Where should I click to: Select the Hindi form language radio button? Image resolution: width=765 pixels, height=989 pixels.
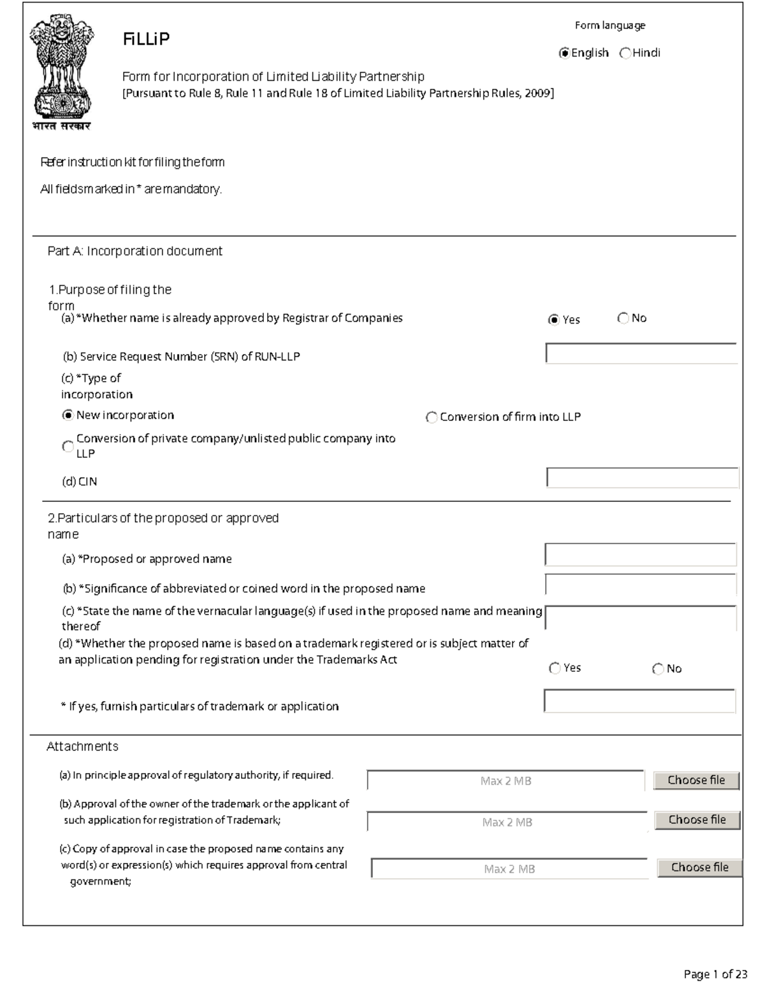[625, 53]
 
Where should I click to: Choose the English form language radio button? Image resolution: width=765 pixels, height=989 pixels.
[564, 53]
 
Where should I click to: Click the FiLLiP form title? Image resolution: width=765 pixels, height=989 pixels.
[146, 39]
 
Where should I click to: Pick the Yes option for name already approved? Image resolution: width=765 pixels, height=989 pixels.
[553, 320]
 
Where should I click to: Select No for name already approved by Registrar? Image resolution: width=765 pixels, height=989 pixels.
[623, 318]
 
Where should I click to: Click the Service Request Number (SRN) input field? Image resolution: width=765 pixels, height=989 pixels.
[641, 353]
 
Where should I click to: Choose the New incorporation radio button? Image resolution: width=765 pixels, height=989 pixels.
[68, 415]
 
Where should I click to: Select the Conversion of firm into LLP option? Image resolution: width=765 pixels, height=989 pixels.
[432, 418]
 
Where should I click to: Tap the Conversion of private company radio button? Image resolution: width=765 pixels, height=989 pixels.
[68, 446]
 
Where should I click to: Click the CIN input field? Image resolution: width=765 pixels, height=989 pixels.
[642, 478]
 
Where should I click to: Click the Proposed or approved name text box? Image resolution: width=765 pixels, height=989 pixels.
[641, 555]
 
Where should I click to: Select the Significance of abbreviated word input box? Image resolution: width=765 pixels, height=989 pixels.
[641, 585]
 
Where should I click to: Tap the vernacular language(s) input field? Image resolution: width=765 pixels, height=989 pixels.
[641, 618]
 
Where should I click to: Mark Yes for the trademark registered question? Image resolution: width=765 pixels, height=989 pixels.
[555, 668]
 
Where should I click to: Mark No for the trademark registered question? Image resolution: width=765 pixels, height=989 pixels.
[658, 669]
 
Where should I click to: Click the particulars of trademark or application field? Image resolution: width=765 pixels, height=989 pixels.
[639, 701]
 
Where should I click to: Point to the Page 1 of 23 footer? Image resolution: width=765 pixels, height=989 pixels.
[715, 974]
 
